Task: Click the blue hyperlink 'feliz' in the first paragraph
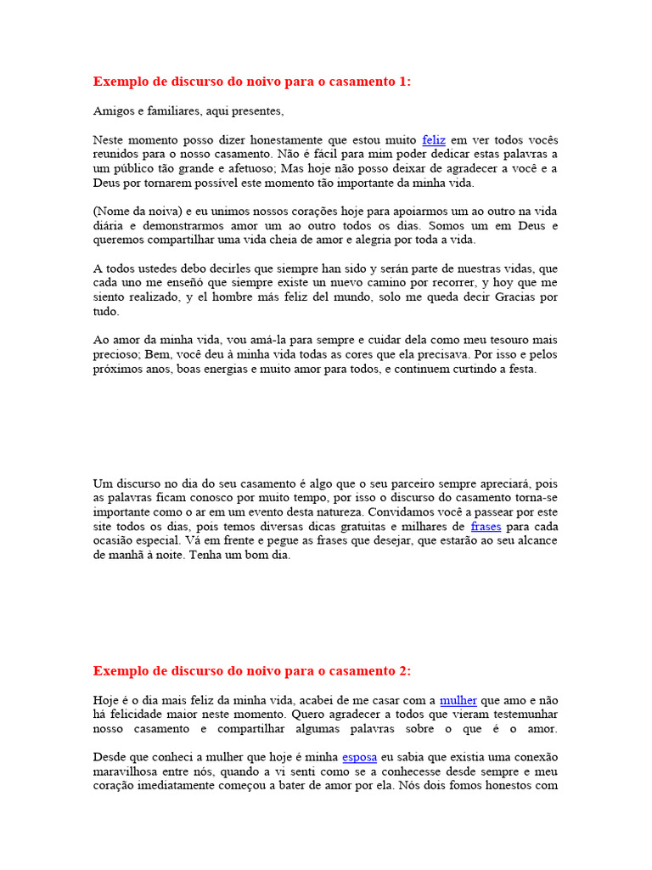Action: coord(433,139)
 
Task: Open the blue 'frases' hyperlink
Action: coord(486,526)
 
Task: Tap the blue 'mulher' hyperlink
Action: coord(458,700)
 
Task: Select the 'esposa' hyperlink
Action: coord(359,757)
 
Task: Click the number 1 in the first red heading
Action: coord(402,82)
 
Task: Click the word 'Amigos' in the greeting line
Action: coord(112,111)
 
